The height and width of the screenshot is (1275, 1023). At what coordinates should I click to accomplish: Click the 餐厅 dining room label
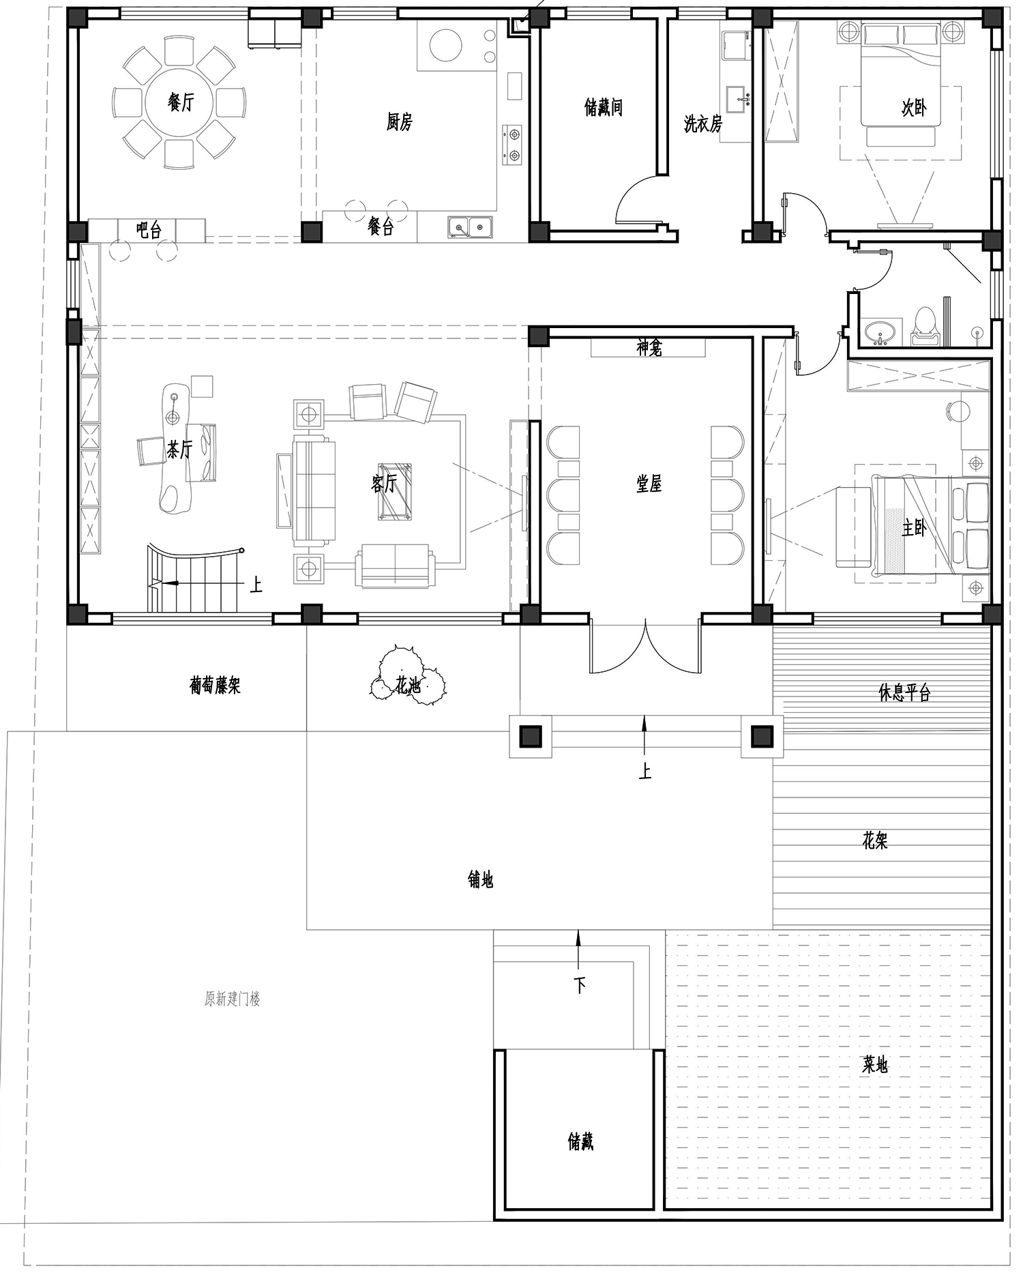(x=181, y=102)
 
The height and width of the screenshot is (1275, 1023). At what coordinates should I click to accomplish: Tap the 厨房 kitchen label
(x=399, y=122)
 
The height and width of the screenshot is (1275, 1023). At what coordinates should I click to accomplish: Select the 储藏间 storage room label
(x=604, y=107)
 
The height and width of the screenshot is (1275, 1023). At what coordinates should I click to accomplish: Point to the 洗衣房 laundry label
(x=703, y=123)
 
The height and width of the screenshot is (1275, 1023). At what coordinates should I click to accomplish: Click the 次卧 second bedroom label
(x=914, y=107)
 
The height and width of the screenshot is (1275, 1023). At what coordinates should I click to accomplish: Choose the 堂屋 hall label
(x=649, y=484)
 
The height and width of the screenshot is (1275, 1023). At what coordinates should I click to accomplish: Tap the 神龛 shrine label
(x=649, y=348)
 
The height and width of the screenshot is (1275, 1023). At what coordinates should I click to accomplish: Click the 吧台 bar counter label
(x=149, y=230)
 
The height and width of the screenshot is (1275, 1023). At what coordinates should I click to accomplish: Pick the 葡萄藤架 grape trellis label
(x=216, y=685)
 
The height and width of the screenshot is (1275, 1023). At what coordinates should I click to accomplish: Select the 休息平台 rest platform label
(x=904, y=693)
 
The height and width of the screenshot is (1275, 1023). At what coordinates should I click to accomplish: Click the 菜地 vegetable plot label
(x=875, y=1064)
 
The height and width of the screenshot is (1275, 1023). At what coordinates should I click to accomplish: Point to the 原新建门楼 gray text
(x=233, y=999)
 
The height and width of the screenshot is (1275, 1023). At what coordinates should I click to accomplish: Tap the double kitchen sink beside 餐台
(x=471, y=226)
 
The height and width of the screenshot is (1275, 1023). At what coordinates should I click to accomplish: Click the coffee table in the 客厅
(x=396, y=492)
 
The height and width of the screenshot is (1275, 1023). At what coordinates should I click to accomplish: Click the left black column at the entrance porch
(x=531, y=736)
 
